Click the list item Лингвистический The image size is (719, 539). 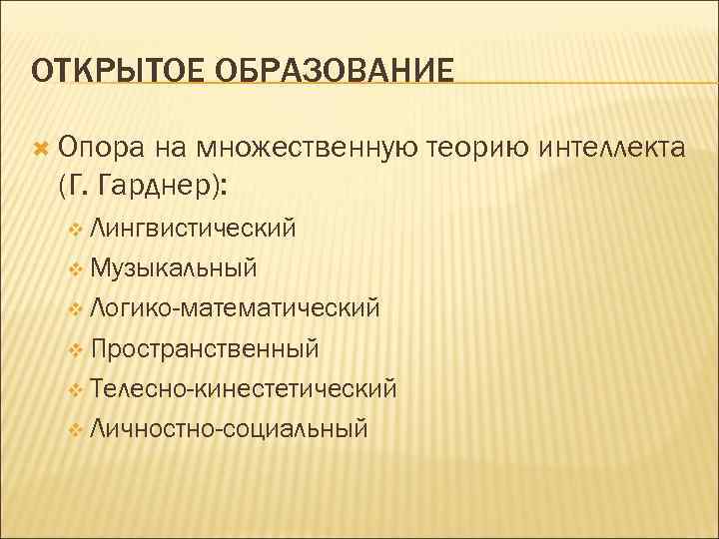coord(192,229)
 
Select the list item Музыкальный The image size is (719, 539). coord(173,269)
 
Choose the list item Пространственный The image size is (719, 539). coord(204,348)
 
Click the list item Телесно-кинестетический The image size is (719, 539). coord(243,388)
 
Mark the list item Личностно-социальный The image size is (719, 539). coord(228,429)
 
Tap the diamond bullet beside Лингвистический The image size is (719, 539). coord(78,231)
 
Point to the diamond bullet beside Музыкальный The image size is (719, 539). coord(78,270)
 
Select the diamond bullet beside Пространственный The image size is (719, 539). coord(78,350)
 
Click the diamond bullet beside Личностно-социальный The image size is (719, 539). coord(78,431)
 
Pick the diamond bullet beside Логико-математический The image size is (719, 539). coord(78,310)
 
